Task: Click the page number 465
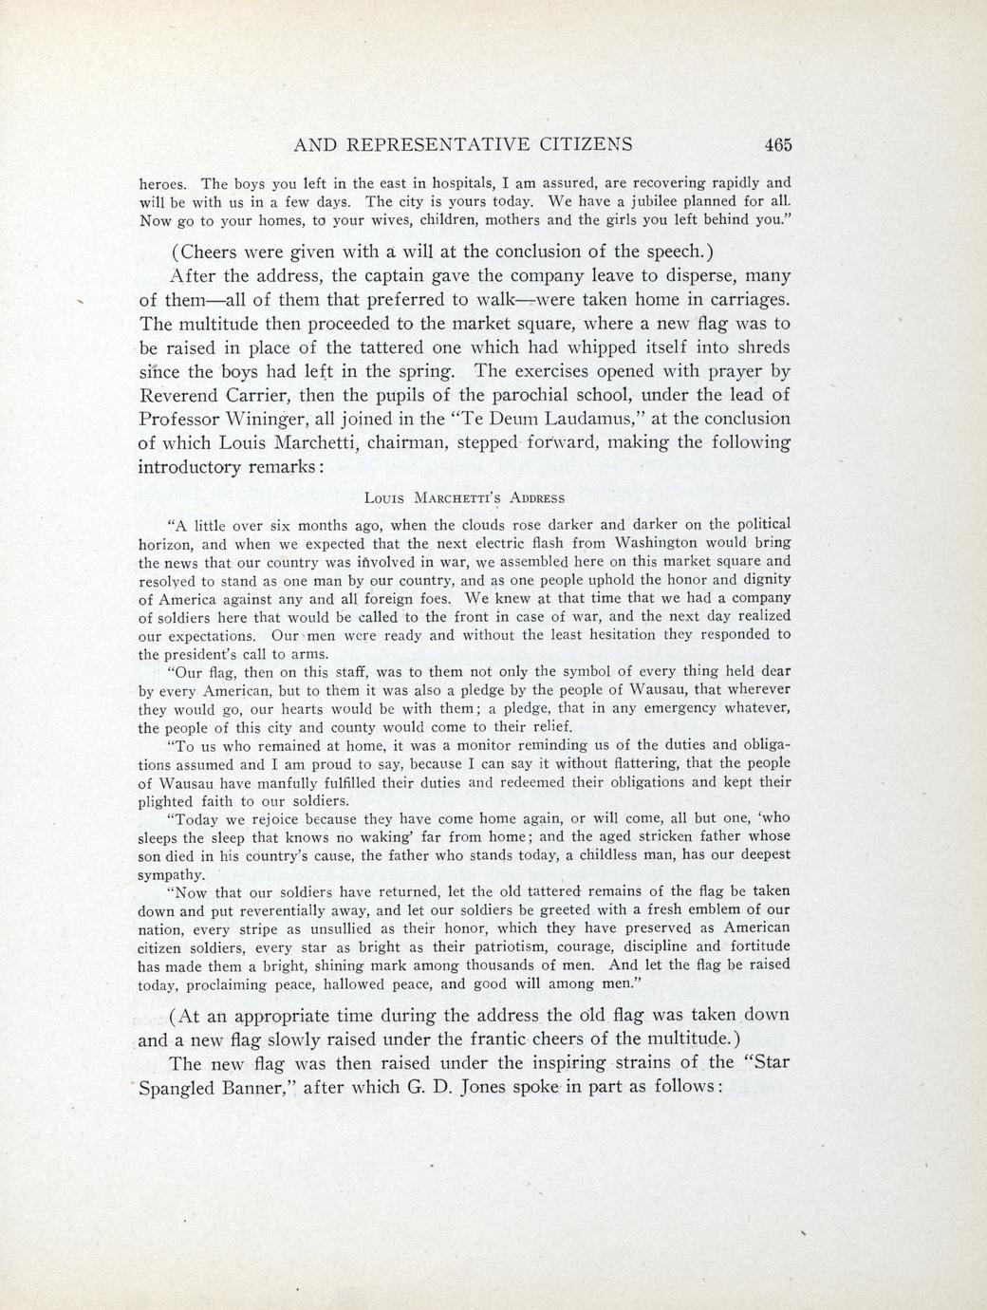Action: tap(775, 145)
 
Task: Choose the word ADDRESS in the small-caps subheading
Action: tap(537, 498)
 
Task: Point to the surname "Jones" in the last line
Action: tap(490, 1086)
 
